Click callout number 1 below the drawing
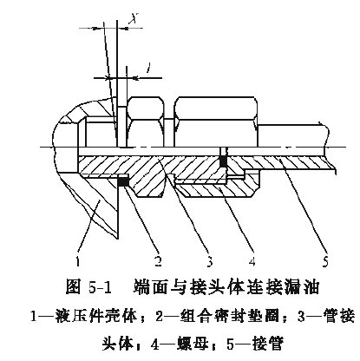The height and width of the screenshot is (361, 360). pyautogui.click(x=77, y=261)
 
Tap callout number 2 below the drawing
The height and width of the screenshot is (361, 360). pyautogui.click(x=158, y=261)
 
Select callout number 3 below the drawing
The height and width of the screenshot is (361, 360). pyautogui.click(x=209, y=261)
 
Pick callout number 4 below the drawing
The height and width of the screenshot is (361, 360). pyautogui.click(x=252, y=261)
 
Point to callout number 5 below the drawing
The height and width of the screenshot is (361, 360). pyautogui.click(x=325, y=261)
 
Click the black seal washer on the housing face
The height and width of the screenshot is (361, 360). pyautogui.click(x=124, y=181)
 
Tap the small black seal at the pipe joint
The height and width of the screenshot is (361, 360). pyautogui.click(x=223, y=161)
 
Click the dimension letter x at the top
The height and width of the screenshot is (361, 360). pyautogui.click(x=134, y=19)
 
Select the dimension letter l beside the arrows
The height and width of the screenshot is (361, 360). pyautogui.click(x=148, y=68)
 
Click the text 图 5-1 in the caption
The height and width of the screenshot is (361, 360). pyautogui.click(x=89, y=288)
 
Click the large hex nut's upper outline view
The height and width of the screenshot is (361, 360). pyautogui.click(x=216, y=121)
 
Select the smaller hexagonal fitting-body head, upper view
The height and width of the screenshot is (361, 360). pyautogui.click(x=146, y=121)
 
